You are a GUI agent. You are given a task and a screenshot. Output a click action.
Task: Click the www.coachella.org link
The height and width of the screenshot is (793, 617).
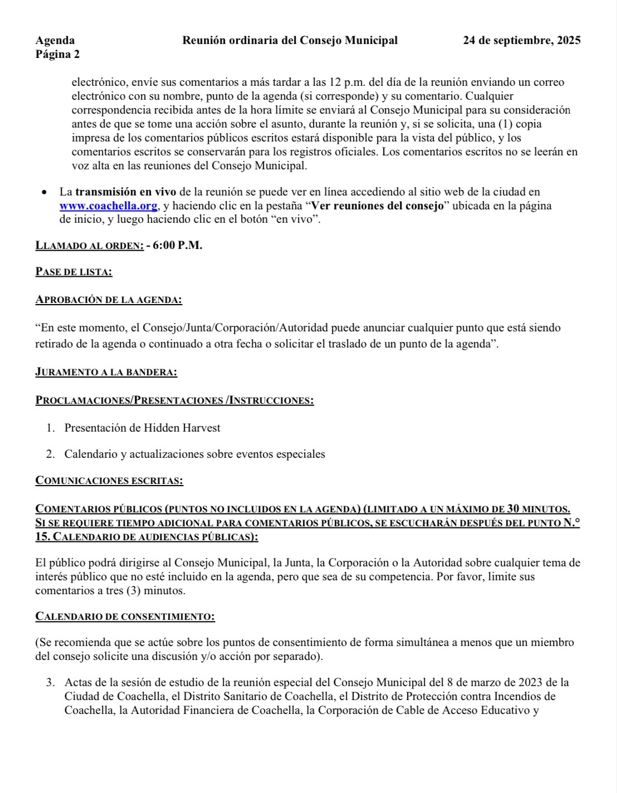[x=108, y=206]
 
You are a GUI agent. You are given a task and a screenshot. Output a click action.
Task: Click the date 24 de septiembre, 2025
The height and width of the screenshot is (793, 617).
[x=522, y=40]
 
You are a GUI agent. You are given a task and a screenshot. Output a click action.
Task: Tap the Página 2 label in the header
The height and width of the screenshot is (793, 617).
[x=57, y=55]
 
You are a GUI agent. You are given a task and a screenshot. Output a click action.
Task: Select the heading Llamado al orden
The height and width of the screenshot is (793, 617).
[x=89, y=246]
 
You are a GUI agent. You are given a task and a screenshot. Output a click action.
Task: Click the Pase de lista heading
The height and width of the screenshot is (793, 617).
[x=74, y=272]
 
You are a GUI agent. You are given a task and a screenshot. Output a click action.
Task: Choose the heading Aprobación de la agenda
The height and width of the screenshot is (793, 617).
[x=109, y=300]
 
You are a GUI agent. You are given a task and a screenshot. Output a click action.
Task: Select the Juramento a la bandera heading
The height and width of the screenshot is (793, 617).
[x=106, y=372]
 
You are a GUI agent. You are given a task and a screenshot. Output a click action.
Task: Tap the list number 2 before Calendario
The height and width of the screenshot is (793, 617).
[x=50, y=454]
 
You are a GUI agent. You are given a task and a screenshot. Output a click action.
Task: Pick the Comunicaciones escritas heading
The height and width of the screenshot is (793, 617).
[x=109, y=481]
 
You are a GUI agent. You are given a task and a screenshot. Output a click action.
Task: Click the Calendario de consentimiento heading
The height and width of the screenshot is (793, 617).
[x=125, y=616]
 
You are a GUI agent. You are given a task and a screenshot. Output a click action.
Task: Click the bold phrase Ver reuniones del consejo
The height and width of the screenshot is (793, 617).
[x=377, y=206]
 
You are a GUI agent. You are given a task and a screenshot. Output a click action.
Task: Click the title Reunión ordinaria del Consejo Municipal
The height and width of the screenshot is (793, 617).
[x=290, y=40]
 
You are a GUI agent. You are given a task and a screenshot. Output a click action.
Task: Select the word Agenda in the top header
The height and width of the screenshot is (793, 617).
[x=55, y=40]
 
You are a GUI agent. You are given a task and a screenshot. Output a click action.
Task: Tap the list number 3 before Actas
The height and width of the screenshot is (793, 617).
[x=50, y=682]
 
